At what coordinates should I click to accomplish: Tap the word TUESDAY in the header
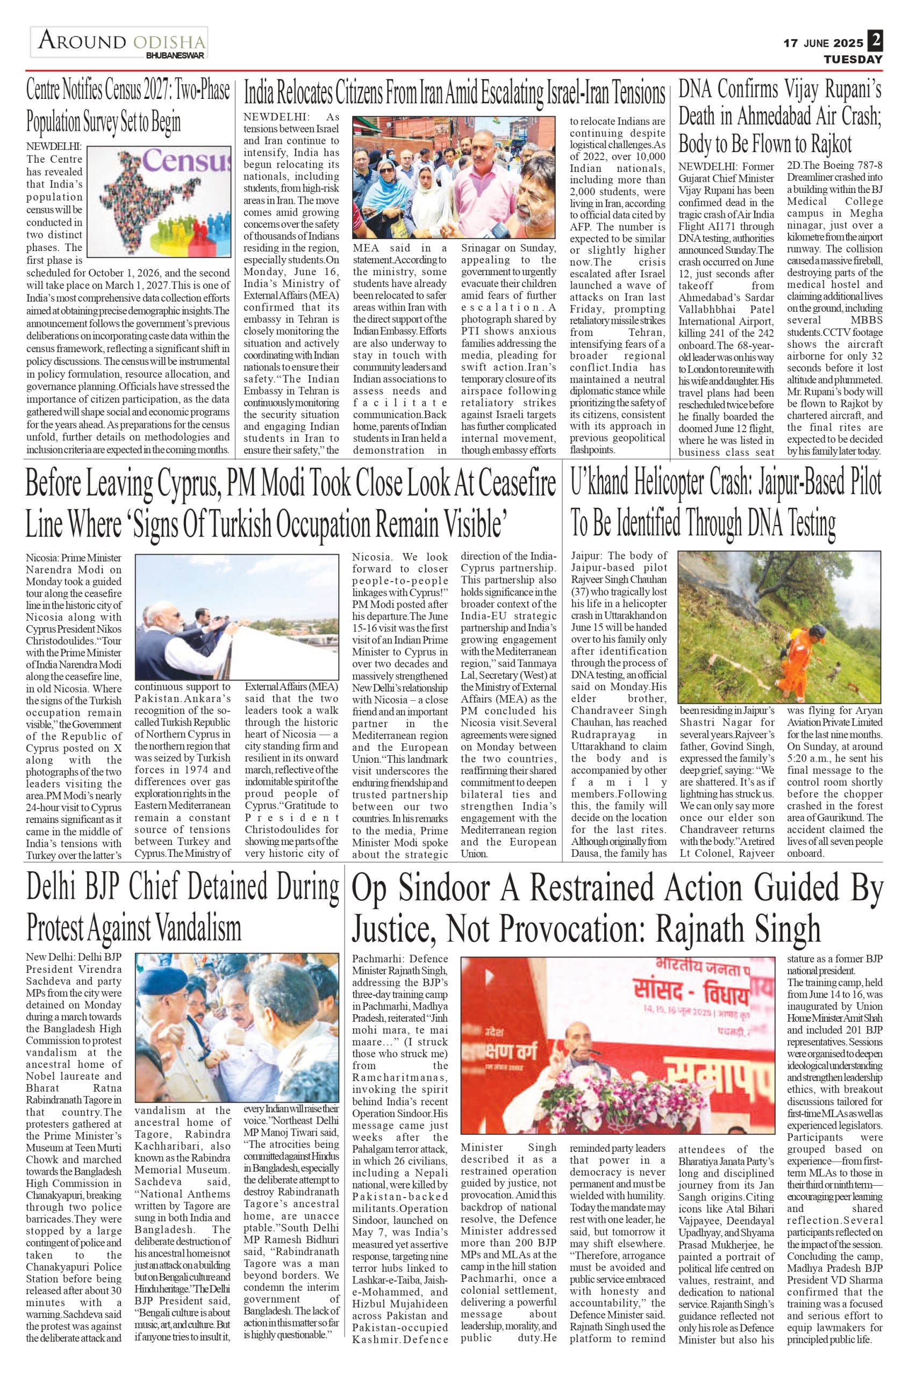pos(853,59)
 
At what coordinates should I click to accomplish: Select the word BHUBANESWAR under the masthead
pos(175,56)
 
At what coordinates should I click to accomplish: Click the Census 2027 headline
pos(128,106)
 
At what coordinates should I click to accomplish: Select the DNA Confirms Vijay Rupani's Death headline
pos(780,117)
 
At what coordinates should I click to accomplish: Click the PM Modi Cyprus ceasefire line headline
pos(290,503)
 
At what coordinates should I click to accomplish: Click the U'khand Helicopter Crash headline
pos(725,503)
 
